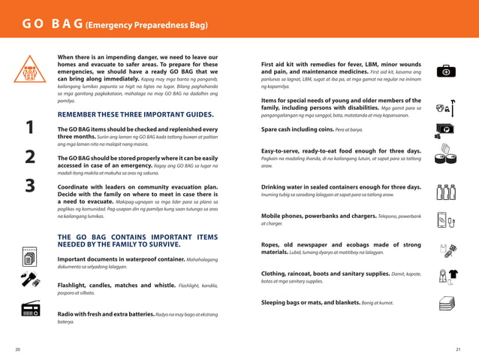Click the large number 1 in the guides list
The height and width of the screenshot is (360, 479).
tap(29, 129)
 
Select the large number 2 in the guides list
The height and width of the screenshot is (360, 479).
tap(29, 157)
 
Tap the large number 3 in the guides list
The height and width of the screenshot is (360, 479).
tap(29, 186)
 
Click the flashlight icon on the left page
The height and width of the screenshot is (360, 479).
tap(30, 283)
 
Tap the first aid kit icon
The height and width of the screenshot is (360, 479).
tap(446, 71)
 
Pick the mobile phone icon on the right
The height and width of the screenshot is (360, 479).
tap(446, 219)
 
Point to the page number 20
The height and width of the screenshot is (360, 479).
tap(17, 350)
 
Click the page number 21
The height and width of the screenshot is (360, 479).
tap(459, 350)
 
